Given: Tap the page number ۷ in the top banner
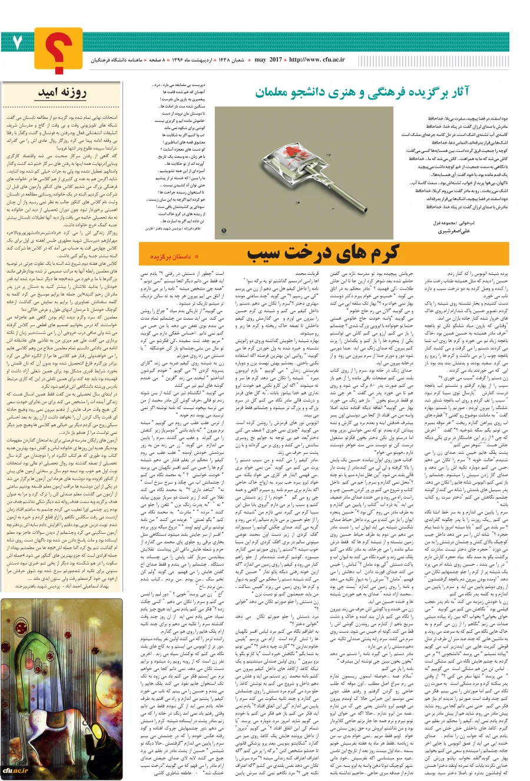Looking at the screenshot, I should [x=19, y=42].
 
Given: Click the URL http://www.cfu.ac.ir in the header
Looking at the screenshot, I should [x=316, y=59].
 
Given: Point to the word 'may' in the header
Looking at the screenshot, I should [x=260, y=59].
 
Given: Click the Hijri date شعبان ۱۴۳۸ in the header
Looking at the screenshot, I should [x=235, y=59].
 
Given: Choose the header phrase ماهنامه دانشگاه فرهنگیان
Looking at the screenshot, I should [x=118, y=59].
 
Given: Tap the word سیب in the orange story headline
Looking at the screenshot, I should [x=264, y=254].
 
